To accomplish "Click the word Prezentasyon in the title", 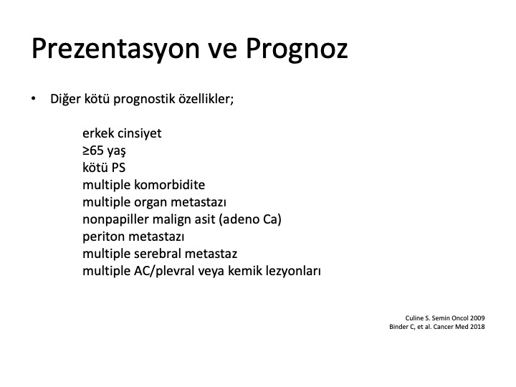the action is pos(116,49).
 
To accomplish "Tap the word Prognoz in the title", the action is pos(297,49).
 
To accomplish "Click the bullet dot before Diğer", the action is pos(33,98).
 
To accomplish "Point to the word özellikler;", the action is pos(206,98).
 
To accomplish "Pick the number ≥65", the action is pos(93,150).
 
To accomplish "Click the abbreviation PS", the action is pos(118,168).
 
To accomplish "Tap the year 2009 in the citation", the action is pos(477,318).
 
